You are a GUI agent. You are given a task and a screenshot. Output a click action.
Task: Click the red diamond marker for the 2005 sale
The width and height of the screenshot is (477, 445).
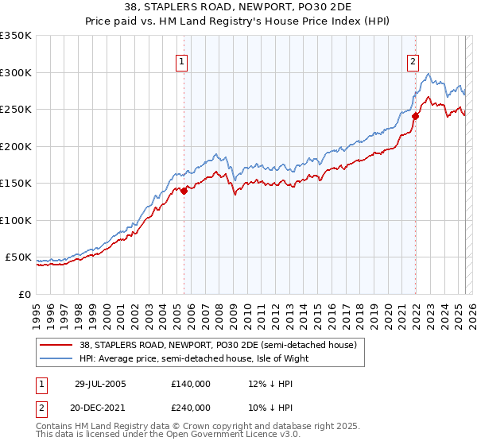184,191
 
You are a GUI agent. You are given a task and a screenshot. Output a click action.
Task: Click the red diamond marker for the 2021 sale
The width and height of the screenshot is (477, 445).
415,116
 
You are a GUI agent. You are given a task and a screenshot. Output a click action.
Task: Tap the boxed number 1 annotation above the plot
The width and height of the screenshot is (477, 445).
183,61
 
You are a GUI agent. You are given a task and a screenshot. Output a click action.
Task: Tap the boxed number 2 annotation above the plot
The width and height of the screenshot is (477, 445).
414,61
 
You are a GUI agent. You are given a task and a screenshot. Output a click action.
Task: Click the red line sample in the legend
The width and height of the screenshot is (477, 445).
56,345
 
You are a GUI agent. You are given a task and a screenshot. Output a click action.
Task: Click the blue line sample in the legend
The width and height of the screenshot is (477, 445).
56,358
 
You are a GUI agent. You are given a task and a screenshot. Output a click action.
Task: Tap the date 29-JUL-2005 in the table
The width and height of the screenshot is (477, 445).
100,384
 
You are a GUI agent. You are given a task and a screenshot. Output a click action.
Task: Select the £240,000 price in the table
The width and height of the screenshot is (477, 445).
191,408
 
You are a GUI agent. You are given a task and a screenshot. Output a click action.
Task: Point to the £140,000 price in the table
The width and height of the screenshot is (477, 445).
191,384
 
